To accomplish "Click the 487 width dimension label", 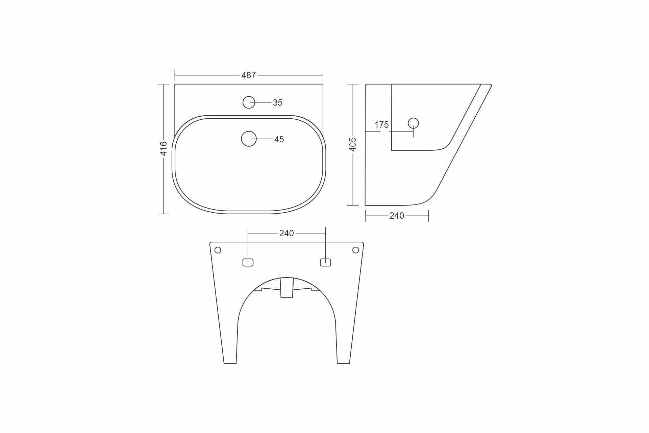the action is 249,75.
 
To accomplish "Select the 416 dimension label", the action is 164,149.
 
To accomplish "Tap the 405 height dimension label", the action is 353,145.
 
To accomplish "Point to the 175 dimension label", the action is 381,125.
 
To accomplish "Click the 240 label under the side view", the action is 397,216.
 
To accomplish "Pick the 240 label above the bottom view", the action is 286,233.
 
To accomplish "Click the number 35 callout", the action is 278,102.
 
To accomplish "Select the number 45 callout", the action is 279,139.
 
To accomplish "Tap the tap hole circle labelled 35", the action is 249,96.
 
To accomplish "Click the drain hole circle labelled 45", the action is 249,131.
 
